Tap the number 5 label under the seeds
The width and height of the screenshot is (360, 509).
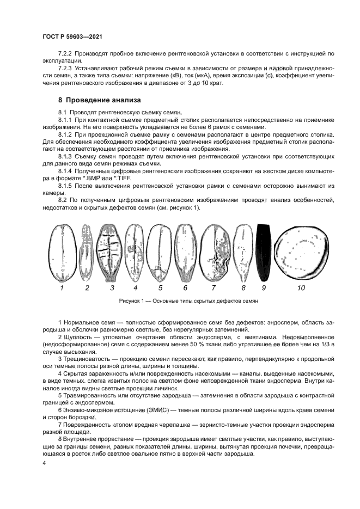161,287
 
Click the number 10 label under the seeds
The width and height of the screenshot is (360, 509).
301,287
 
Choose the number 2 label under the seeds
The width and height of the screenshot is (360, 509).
87,287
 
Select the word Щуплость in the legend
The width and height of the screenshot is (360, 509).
80,338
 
